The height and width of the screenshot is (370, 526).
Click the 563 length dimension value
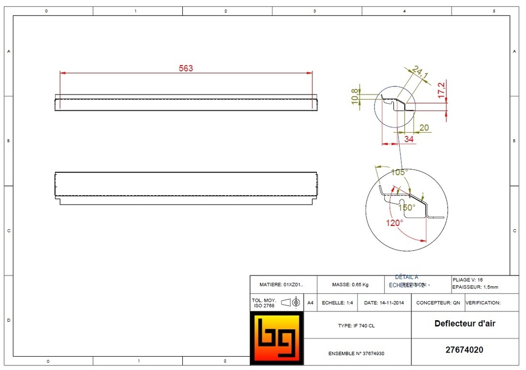[x=185, y=68]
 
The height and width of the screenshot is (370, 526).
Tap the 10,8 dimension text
[x=354, y=96]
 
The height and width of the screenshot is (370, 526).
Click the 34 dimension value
[x=409, y=139]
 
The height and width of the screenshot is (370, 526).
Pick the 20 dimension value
[x=424, y=127]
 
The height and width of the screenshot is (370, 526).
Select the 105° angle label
[x=399, y=172]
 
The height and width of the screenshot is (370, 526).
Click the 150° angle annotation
[x=406, y=208]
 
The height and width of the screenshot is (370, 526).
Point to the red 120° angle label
[x=394, y=223]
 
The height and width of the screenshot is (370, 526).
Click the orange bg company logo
[x=276, y=338]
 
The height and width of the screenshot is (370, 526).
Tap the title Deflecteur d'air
[x=464, y=323]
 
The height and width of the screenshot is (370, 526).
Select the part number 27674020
[x=464, y=350]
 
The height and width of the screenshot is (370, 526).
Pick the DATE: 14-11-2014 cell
[x=384, y=303]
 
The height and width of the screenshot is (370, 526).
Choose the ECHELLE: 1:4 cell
[x=337, y=303]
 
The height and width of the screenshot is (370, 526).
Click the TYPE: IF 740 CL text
[x=356, y=326]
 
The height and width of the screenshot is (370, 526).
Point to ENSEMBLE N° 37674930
[x=356, y=354]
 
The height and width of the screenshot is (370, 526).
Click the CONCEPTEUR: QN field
[x=438, y=303]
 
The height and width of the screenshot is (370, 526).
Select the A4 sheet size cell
[x=310, y=303]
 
